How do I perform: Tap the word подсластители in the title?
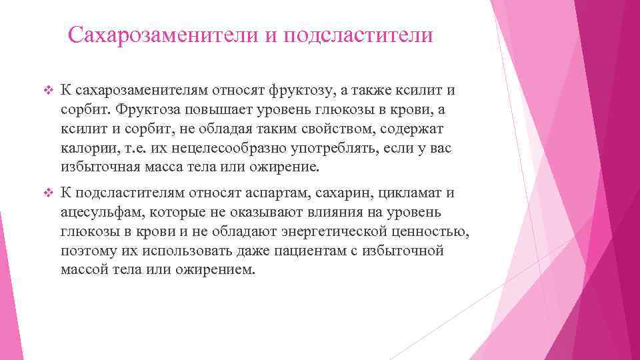click(x=358, y=35)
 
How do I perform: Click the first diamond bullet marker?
click(x=46, y=90)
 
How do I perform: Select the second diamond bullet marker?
click(x=46, y=194)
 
